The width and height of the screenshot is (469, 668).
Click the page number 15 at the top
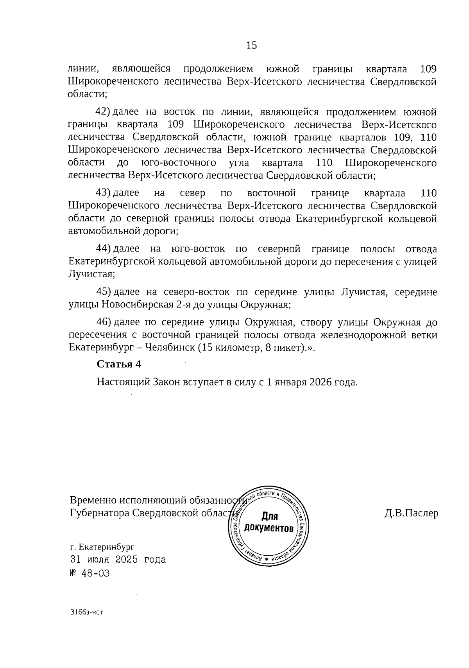click(252, 45)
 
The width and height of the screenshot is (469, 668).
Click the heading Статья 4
click(119, 364)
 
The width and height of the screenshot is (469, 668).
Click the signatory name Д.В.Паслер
click(411, 513)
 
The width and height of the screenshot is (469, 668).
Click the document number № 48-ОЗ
click(89, 574)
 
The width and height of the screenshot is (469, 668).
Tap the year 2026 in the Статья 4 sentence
click(320, 382)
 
